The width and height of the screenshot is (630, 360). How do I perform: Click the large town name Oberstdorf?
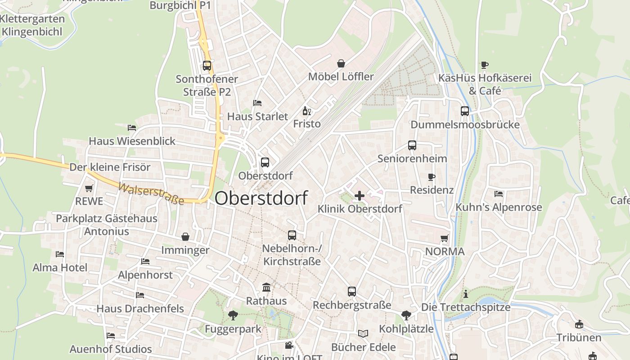pyautogui.click(x=261, y=198)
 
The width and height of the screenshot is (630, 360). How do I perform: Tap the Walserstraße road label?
pyautogui.click(x=152, y=193)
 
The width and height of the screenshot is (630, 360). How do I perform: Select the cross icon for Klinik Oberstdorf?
pyautogui.click(x=360, y=196)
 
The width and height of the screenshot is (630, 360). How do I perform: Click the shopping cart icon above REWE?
pyautogui.click(x=89, y=189)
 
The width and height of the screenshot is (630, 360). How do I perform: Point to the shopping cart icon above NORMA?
pyautogui.click(x=445, y=238)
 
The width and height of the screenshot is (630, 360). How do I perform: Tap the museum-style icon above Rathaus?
pyautogui.click(x=266, y=287)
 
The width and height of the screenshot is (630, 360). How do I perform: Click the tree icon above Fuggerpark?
pyautogui.click(x=233, y=315)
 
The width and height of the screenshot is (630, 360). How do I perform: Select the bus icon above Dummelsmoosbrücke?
pyautogui.click(x=465, y=111)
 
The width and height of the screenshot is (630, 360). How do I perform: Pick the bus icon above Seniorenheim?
pyautogui.click(x=412, y=145)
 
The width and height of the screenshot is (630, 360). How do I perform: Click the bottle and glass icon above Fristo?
pyautogui.click(x=307, y=111)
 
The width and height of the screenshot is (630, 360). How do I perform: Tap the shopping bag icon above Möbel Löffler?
pyautogui.click(x=341, y=63)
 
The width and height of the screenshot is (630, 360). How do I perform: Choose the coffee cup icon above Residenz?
pyautogui.click(x=432, y=177)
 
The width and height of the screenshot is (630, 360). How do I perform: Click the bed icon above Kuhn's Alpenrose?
pyautogui.click(x=499, y=194)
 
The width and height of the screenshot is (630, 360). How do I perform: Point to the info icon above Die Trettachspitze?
pyautogui.click(x=466, y=294)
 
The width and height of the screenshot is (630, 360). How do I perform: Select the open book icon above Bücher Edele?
pyautogui.click(x=363, y=333)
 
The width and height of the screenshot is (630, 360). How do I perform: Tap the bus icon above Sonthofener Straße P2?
pyautogui.click(x=207, y=66)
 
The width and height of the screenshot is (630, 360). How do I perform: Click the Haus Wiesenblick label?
pyautogui.click(x=132, y=141)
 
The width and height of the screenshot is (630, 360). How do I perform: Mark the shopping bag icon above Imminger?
pyautogui.click(x=185, y=237)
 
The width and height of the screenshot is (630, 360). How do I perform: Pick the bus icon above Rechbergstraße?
pyautogui.click(x=352, y=292)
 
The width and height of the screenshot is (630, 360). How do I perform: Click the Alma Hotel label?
pyautogui.click(x=60, y=268)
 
